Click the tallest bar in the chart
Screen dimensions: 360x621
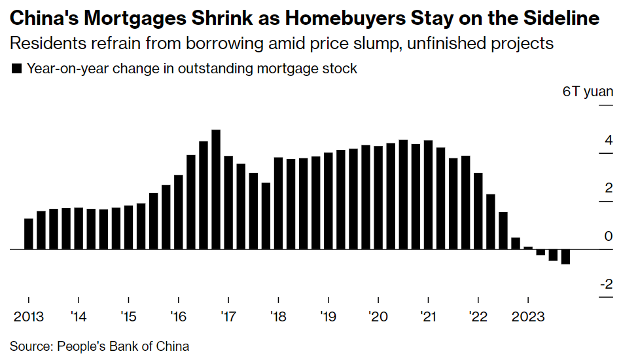pyautogui.click(x=216, y=189)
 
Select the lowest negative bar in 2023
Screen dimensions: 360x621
pyautogui.click(x=565, y=257)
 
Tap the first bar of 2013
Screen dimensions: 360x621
pyautogui.click(x=29, y=234)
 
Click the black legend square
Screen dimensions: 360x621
pyautogui.click(x=18, y=69)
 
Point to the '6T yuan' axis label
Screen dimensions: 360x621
pyautogui.click(x=588, y=92)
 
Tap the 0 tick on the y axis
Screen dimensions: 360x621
pyautogui.click(x=609, y=236)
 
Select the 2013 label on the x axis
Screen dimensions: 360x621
pyautogui.click(x=29, y=317)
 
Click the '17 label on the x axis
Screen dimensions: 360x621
pyautogui.click(x=228, y=317)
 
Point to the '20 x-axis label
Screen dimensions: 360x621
pyautogui.click(x=378, y=317)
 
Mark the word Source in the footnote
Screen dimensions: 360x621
pyautogui.click(x=30, y=346)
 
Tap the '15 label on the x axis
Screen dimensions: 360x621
pyautogui.click(x=128, y=317)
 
